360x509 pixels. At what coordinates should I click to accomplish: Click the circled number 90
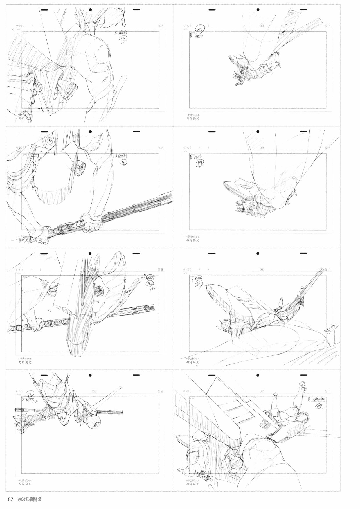pos(122,38)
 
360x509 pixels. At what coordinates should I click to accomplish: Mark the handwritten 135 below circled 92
pos(152,289)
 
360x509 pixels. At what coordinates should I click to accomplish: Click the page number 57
pos(11,500)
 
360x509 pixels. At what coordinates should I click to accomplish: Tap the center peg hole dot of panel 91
pos(90,132)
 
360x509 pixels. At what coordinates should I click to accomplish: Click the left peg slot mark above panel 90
pos(44,10)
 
